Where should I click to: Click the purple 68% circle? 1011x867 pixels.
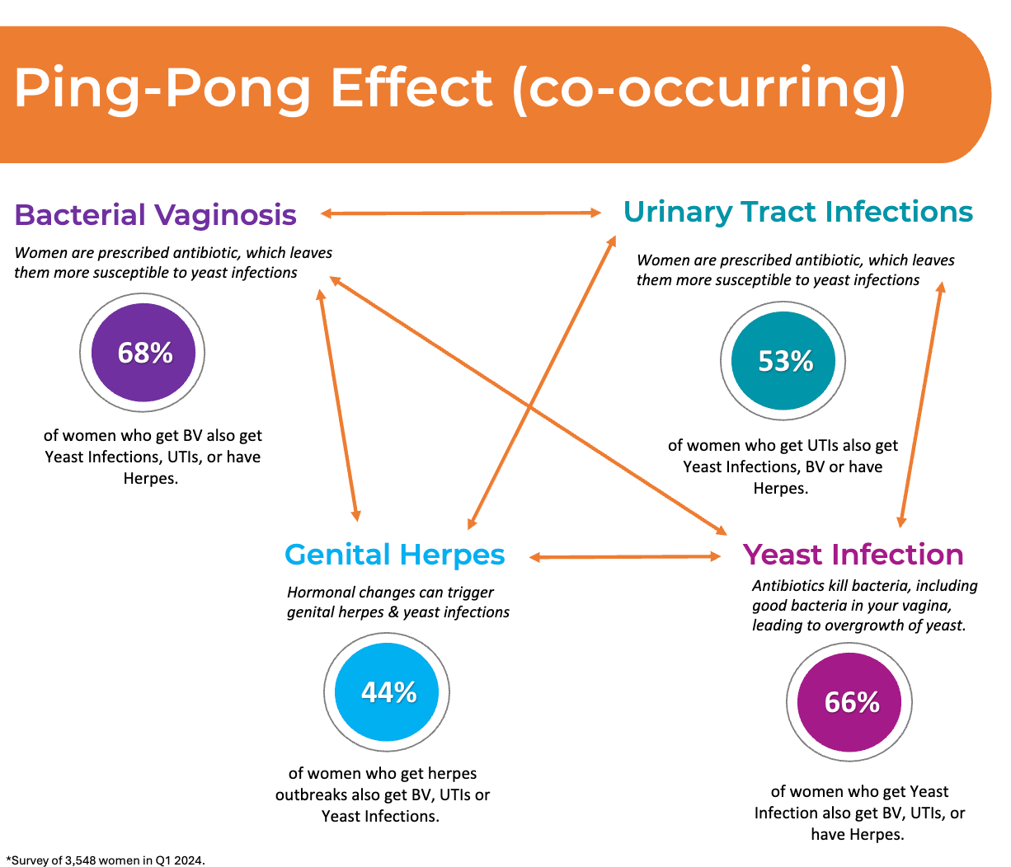[143, 353]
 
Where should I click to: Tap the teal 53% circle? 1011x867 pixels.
[783, 361]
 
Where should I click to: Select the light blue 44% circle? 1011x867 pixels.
[387, 692]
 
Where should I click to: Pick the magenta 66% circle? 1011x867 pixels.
[849, 702]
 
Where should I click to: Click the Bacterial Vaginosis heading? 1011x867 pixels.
[156, 215]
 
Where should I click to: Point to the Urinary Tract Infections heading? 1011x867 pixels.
[798, 212]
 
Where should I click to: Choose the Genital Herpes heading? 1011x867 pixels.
[395, 555]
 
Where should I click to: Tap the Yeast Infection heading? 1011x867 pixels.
[853, 555]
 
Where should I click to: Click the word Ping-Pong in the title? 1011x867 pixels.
[162, 89]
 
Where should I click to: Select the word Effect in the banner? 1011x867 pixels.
[411, 87]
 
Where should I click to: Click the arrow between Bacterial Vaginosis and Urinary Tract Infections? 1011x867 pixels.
[461, 213]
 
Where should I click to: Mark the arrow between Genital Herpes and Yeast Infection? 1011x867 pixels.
[625, 556]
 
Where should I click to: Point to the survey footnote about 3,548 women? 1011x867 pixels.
[106, 860]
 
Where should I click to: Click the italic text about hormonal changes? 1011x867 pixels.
[398, 602]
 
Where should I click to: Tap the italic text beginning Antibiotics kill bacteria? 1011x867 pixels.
[865, 605]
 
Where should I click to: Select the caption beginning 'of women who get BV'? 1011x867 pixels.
[153, 457]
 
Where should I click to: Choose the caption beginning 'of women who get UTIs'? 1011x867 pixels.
[783, 466]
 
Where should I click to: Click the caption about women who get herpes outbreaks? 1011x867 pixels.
[383, 794]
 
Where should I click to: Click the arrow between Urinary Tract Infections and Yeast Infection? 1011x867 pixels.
[921, 405]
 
